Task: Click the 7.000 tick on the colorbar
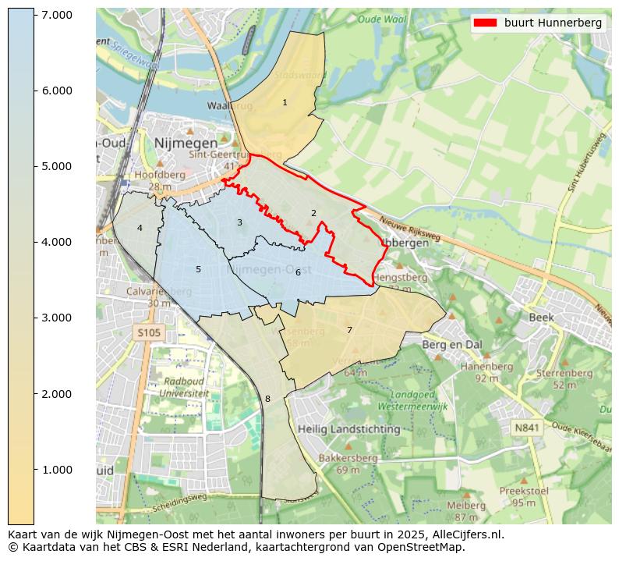[x=34, y=15]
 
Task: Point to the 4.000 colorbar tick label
[x=56, y=242]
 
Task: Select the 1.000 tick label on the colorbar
[x=56, y=469]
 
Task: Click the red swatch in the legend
[x=486, y=23]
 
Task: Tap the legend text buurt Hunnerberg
[x=553, y=23]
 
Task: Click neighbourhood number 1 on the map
[x=285, y=102]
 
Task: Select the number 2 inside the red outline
[x=313, y=213]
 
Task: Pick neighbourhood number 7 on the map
[x=349, y=330]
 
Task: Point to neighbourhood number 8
[x=267, y=399]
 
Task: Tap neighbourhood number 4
[x=140, y=228]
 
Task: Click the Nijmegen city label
[x=186, y=144]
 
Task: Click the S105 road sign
[x=148, y=333]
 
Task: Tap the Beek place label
[x=541, y=318]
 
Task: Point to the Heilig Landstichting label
[x=348, y=429]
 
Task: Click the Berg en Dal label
[x=452, y=344]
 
